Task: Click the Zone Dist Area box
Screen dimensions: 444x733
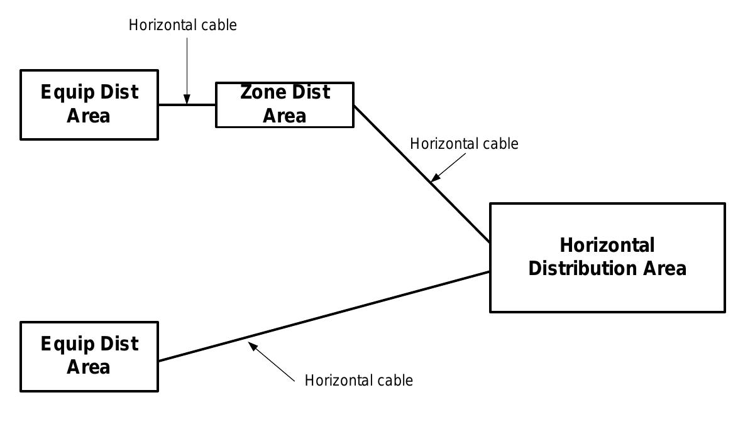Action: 285,104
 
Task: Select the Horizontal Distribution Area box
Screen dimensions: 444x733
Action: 607,257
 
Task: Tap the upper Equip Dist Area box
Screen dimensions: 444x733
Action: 89,104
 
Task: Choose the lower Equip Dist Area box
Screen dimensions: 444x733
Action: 89,356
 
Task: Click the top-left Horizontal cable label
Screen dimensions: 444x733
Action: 182,25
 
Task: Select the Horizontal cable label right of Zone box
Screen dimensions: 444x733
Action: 464,144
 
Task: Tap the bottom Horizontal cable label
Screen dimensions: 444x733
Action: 358,381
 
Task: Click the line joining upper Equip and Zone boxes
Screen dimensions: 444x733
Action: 201,105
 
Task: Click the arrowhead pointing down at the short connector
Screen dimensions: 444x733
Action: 187,99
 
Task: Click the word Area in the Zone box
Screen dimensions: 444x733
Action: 284,116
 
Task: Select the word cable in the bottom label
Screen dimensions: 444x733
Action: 395,381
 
